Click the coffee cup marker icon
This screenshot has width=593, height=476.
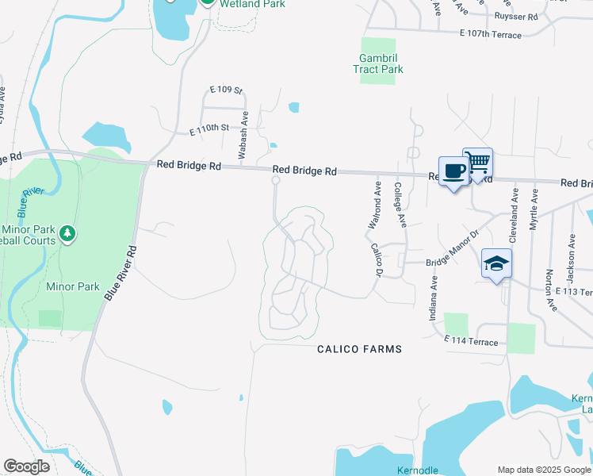pyautogui.click(x=453, y=171)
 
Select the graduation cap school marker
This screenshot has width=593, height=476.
pyautogui.click(x=497, y=264)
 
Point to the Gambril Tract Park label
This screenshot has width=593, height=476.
pyautogui.click(x=378, y=63)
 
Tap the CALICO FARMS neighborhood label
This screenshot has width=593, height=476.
pyautogui.click(x=359, y=349)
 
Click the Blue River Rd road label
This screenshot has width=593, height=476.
pyautogui.click(x=121, y=272)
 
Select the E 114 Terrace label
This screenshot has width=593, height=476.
pyautogui.click(x=472, y=342)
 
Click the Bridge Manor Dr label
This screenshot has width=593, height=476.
pyautogui.click(x=453, y=249)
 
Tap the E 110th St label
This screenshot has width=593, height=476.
pyautogui.click(x=209, y=127)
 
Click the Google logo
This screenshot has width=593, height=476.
pyautogui.click(x=26, y=466)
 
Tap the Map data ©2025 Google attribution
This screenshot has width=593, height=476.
pyautogui.click(x=544, y=470)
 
